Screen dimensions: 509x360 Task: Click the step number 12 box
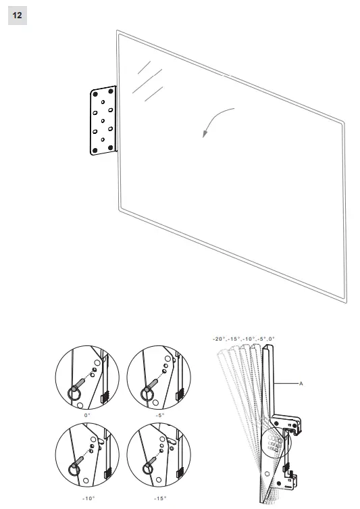coord(17,14)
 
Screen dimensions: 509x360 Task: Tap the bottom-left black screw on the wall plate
coord(93,148)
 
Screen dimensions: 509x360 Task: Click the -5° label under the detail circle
coord(159,416)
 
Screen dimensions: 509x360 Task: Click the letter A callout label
coord(302,383)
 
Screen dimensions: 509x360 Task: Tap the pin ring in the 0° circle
coord(74,393)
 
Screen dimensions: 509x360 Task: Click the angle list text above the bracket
coord(244,338)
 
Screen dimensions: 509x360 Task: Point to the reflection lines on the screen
coord(147,80)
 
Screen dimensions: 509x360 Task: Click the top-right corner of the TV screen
coord(343,124)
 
